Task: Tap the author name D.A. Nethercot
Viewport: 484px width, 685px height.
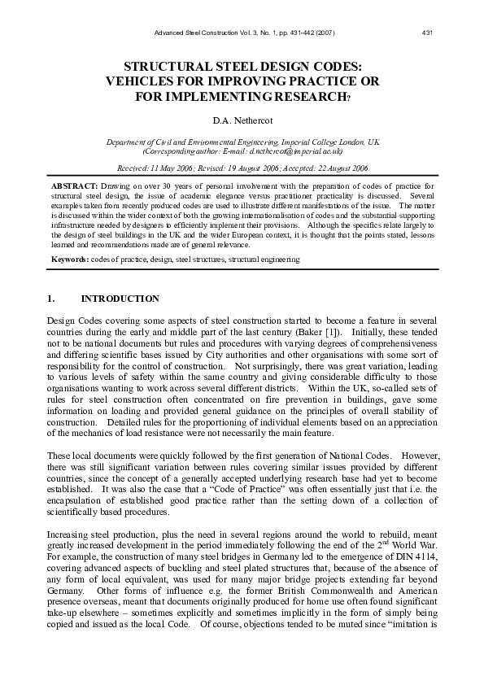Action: (x=242, y=122)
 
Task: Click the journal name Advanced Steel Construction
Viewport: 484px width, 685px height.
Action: (x=195, y=33)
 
